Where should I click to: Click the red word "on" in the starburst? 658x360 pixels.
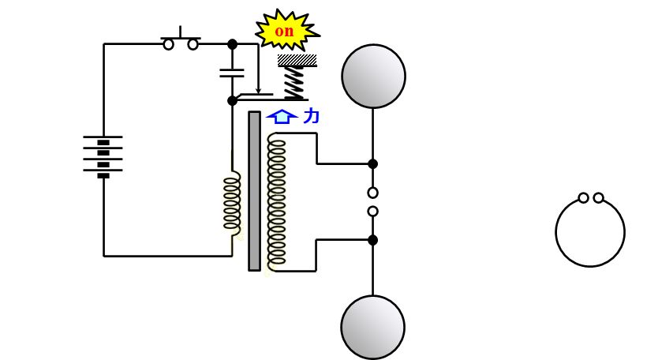pos(284,31)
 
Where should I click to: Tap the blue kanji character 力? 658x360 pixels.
pos(311,115)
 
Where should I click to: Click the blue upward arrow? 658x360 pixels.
pos(282,117)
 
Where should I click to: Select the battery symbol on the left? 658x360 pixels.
pos(103,156)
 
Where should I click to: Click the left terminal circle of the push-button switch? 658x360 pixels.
pos(168,44)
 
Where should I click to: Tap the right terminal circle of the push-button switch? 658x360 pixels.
pos(193,44)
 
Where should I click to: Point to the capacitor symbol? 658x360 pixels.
pos(232,73)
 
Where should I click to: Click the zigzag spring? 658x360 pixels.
pos(294,83)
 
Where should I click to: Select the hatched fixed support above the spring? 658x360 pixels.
pos(297,61)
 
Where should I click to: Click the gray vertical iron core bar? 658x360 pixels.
pos(254,191)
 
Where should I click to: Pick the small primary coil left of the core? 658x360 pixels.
pos(232,202)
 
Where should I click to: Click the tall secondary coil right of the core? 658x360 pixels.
pos(277,201)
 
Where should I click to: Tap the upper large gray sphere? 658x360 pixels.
pos(373,76)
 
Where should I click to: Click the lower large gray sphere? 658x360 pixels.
pos(372,327)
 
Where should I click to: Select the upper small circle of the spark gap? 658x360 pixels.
pos(372,193)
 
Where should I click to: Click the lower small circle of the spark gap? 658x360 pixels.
pos(372,212)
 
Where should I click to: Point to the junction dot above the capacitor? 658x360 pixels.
pos(232,44)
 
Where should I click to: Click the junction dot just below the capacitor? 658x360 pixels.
pos(232,101)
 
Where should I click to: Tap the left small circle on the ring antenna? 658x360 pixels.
pos(583,198)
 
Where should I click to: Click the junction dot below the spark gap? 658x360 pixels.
pos(372,240)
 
